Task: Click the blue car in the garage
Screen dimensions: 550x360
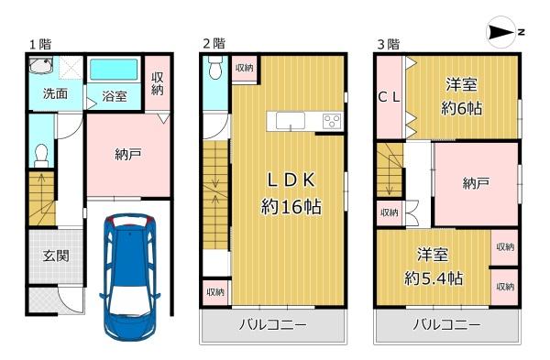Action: (x=129, y=278)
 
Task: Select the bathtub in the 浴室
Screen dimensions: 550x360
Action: (x=114, y=69)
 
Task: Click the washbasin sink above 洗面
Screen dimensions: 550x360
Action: (x=40, y=65)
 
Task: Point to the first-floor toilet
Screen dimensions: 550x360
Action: (x=41, y=156)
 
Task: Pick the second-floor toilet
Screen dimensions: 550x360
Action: (x=214, y=68)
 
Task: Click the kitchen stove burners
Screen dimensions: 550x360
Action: (x=332, y=122)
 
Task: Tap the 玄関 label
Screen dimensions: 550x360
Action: (x=56, y=256)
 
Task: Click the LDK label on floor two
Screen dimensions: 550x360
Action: (x=291, y=180)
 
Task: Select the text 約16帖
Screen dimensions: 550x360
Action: (x=291, y=206)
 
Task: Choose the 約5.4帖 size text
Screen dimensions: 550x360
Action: (x=434, y=278)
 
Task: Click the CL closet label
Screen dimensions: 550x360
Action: (x=389, y=97)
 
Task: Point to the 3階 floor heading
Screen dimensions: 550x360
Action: (x=389, y=45)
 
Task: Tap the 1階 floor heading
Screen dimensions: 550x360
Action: (x=40, y=45)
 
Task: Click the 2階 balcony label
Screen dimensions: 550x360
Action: (x=273, y=324)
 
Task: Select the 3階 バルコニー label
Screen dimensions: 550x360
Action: (x=446, y=324)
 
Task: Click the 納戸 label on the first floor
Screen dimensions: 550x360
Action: (x=128, y=154)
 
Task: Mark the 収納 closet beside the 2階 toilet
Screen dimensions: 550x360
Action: (x=245, y=68)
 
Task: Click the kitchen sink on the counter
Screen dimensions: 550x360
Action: (x=290, y=121)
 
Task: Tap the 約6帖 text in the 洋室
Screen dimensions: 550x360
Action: (x=461, y=108)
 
